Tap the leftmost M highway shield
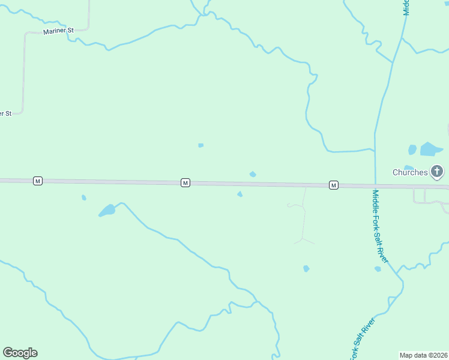38,181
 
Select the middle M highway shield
185,182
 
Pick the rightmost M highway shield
333,185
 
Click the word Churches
410,172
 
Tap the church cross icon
437,172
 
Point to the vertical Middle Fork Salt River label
381,226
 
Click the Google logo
20,353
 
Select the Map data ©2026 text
424,355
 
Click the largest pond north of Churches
430,149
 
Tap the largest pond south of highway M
107,211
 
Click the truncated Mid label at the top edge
406,7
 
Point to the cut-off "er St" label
5,113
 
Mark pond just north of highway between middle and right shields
253,174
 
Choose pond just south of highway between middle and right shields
240,194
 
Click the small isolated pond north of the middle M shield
200,145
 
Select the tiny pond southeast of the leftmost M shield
83,197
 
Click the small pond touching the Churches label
408,167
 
